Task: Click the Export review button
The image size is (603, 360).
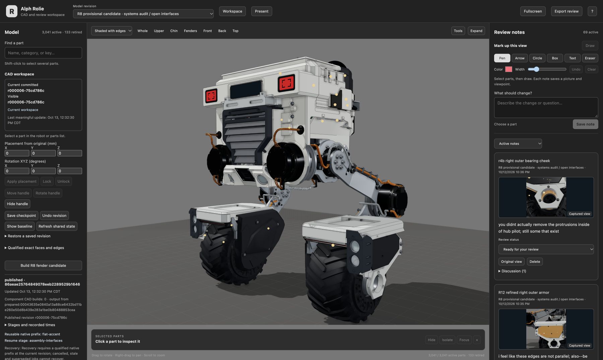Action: pos(566,11)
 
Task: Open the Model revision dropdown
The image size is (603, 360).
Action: pos(143,14)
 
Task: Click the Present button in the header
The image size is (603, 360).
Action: pos(262,11)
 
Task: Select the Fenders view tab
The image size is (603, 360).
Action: pos(190,31)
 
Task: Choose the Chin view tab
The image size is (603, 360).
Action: pos(174,31)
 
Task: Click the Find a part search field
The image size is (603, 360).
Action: pos(43,53)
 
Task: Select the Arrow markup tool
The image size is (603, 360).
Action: pos(520,58)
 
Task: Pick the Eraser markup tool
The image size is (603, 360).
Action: pos(590,58)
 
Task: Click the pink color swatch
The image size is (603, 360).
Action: pos(509,69)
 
